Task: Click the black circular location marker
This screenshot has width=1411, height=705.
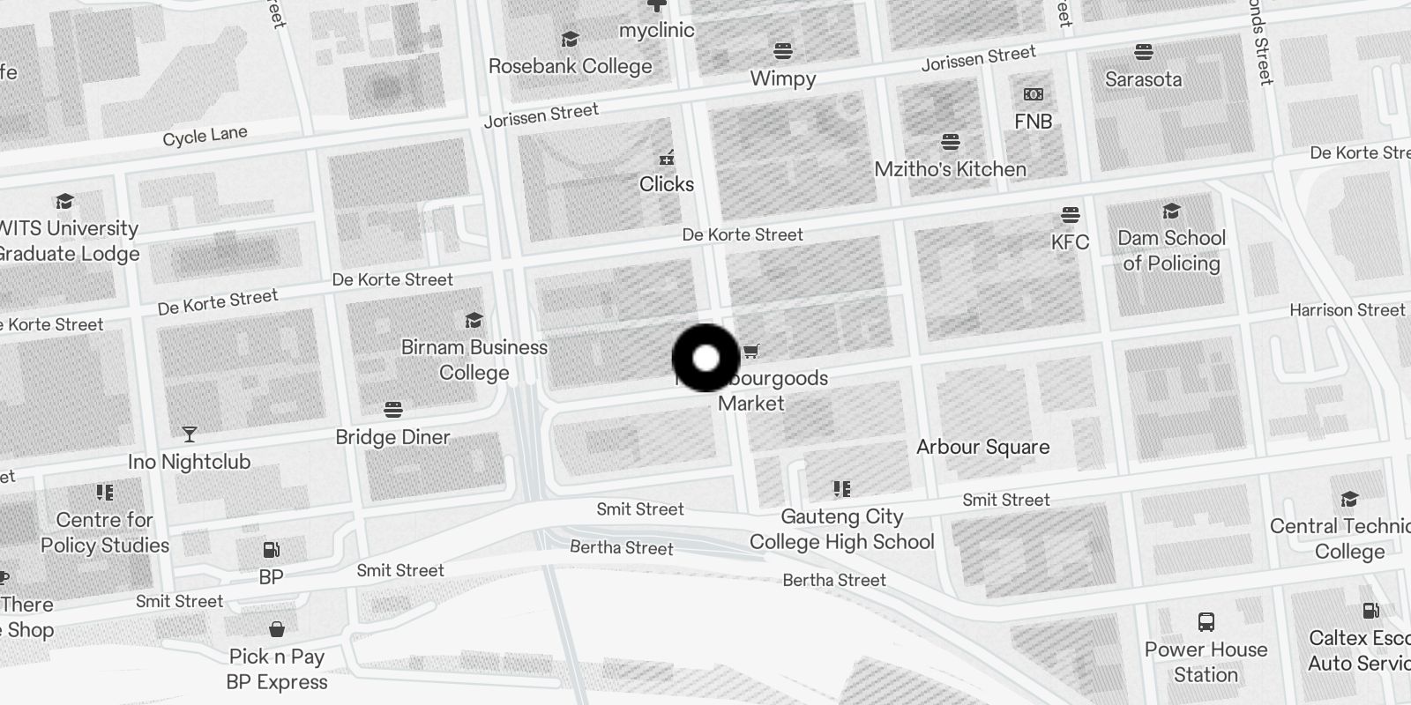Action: (705, 358)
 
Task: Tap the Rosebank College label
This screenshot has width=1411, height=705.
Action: (570, 66)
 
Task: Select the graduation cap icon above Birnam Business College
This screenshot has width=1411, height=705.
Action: (474, 320)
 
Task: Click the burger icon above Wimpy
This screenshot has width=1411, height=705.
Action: (783, 50)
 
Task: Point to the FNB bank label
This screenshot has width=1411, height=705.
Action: (1033, 122)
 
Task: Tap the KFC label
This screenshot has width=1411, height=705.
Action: (1070, 242)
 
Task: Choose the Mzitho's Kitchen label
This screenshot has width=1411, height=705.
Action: (950, 169)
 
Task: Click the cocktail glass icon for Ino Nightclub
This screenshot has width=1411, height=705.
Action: (190, 434)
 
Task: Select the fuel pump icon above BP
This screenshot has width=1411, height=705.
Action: (271, 550)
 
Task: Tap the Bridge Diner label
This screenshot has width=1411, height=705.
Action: (392, 437)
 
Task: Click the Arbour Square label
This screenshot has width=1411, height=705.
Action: (982, 447)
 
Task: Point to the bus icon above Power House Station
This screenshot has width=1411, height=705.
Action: (1206, 622)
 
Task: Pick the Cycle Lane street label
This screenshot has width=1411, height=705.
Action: (205, 137)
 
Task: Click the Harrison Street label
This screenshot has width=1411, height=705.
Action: (1347, 310)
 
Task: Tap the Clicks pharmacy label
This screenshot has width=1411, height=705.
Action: (666, 184)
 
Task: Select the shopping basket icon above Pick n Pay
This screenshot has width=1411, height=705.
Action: (277, 629)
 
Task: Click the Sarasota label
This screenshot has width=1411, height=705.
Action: (1143, 79)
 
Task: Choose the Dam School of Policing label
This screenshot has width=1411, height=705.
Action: (1171, 250)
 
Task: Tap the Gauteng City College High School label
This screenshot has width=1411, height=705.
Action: (842, 529)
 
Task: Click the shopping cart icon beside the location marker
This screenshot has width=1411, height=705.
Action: (750, 352)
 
